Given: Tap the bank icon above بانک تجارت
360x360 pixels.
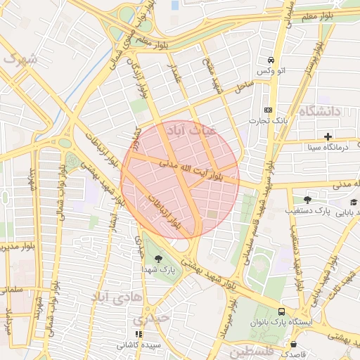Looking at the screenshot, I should tap(268, 110).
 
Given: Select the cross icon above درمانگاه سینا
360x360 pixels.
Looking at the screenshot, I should tap(328, 136).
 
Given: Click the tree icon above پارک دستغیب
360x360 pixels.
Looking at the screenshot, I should tap(307, 199).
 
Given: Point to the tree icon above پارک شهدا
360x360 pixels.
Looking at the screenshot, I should tap(168, 259).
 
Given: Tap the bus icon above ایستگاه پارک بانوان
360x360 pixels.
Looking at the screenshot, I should tap(281, 311).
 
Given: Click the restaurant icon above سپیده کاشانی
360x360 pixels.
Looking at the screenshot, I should tap(139, 334).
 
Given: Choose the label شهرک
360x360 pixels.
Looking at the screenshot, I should tap(20, 59).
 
